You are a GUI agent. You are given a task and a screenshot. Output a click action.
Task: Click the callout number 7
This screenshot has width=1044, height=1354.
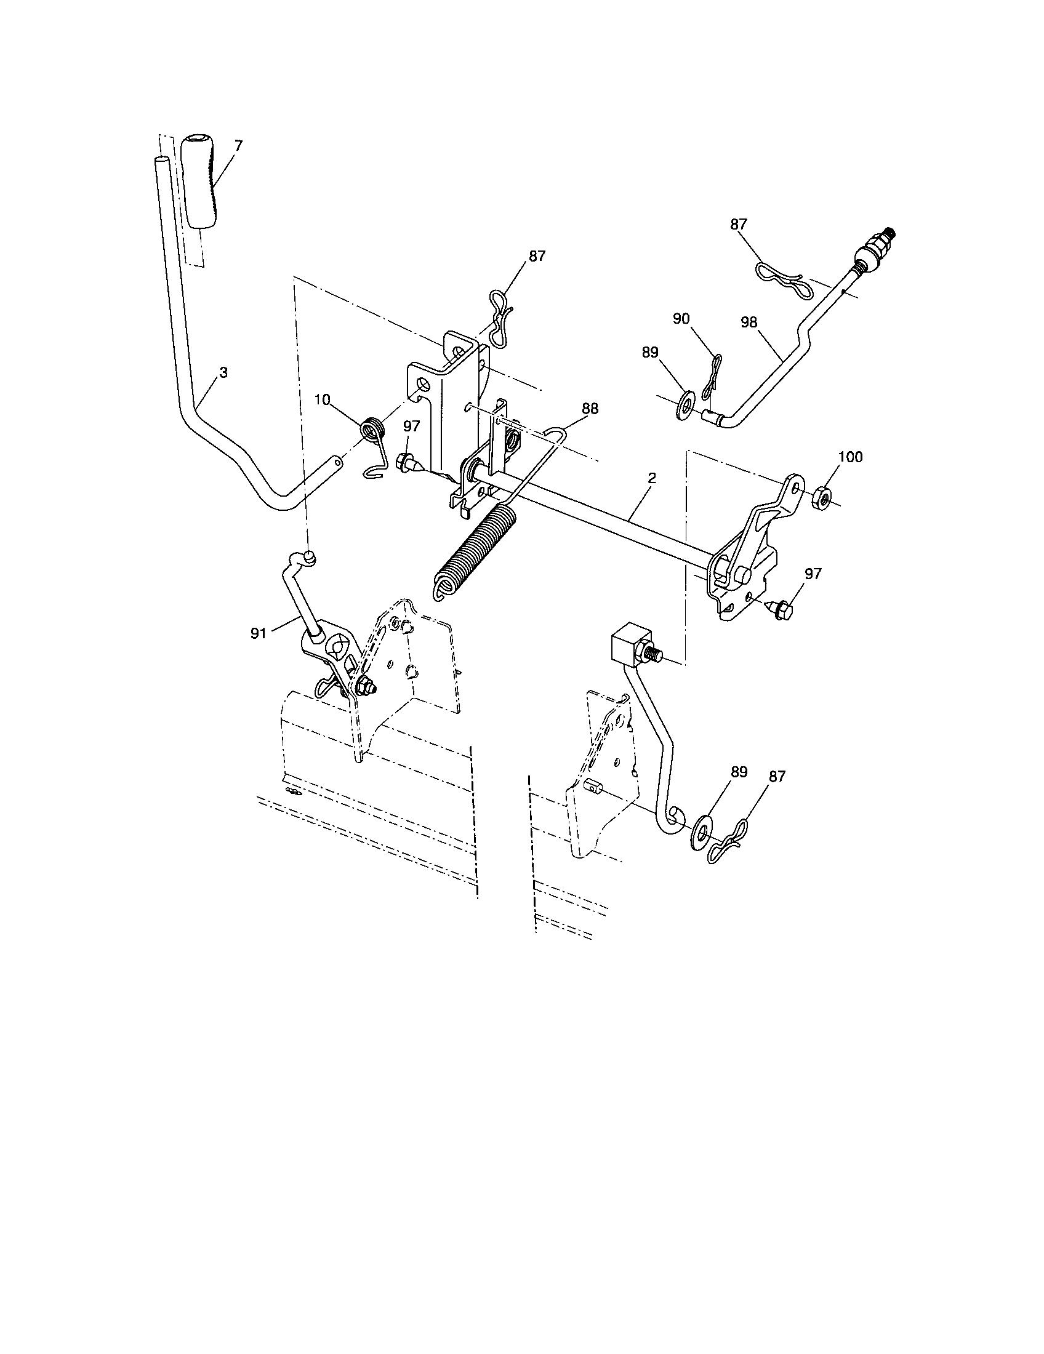click(238, 145)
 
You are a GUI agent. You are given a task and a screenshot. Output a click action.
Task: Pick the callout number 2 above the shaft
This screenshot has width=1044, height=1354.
click(652, 479)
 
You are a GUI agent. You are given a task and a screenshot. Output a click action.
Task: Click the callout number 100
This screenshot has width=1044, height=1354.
click(850, 457)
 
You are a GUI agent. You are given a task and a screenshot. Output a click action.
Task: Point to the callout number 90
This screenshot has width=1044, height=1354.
click(681, 319)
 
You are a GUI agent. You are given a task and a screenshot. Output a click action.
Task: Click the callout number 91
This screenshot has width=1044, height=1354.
click(258, 632)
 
